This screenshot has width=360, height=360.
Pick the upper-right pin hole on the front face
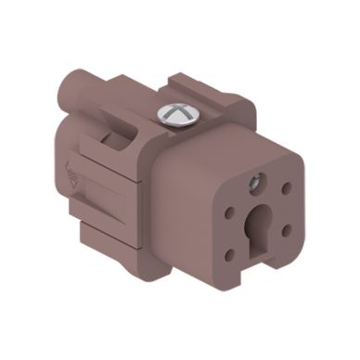[283, 187]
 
